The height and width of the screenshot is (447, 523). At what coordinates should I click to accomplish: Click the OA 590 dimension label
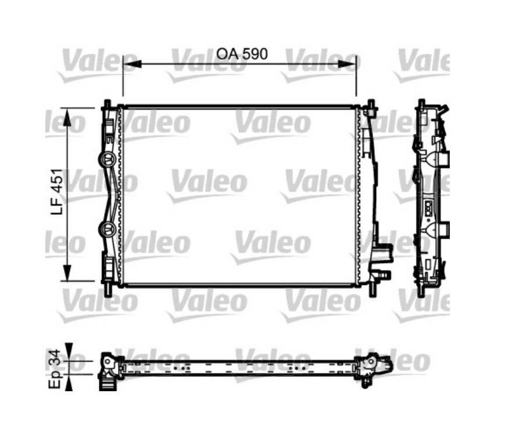[x=242, y=53]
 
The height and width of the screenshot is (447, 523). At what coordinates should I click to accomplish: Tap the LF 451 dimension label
[x=57, y=191]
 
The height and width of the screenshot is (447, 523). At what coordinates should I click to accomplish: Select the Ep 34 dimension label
[x=55, y=369]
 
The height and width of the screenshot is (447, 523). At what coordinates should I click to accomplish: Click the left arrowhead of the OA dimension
[x=132, y=64]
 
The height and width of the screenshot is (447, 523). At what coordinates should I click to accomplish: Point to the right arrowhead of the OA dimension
[x=348, y=64]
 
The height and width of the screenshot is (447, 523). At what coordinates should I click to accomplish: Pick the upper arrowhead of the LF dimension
[x=67, y=117]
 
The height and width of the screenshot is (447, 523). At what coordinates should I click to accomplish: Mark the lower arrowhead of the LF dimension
[x=67, y=273]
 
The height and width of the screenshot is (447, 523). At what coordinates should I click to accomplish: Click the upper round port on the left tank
[x=108, y=159]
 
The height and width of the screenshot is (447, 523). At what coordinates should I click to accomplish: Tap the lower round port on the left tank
[x=108, y=228]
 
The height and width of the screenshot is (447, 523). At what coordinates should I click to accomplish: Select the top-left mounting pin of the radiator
[x=108, y=103]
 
